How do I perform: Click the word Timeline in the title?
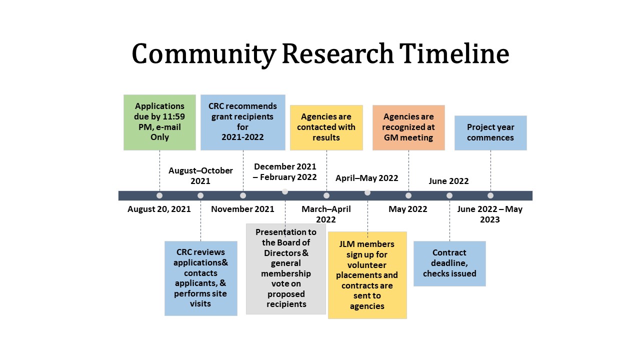point(454,53)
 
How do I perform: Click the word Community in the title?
point(203,55)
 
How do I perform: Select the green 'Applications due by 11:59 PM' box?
point(159,122)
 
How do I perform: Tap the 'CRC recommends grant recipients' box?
point(243,122)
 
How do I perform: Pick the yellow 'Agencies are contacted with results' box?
point(326,127)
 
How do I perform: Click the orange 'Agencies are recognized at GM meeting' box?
point(408,127)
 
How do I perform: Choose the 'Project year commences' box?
point(490,133)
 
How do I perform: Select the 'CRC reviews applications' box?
point(201,278)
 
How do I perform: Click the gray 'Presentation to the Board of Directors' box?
point(285,269)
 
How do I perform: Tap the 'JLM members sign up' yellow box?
point(367,275)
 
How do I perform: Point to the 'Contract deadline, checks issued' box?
point(449,263)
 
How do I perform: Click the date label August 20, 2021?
point(159,209)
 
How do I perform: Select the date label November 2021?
point(242,209)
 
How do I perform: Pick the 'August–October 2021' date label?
point(200,175)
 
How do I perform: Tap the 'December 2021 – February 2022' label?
point(285,171)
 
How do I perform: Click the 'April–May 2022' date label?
point(367,178)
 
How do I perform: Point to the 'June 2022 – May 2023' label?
point(490,214)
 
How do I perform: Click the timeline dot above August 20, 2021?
point(159,195)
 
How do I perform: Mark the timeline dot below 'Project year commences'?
point(490,195)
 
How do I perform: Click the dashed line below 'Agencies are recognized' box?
point(408,171)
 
